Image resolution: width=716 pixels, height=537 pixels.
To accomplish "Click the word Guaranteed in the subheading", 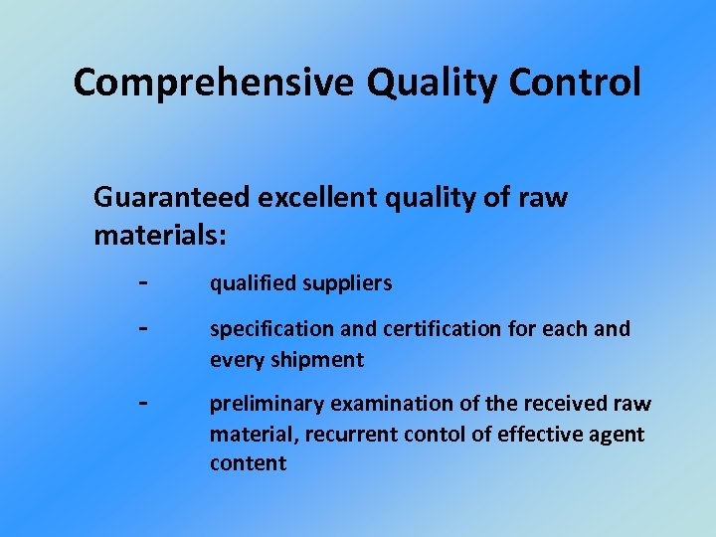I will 172,198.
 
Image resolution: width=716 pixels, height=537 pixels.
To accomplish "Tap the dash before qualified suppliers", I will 144,281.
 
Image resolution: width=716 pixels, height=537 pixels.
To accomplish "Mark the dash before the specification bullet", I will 144,327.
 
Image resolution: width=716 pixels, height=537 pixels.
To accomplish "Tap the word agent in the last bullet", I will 614,435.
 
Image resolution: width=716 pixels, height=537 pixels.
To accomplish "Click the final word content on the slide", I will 248,464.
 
